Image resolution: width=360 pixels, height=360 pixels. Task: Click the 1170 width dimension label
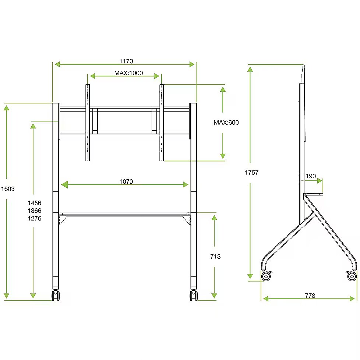point(126,61)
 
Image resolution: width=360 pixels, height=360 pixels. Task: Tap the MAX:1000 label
point(128,73)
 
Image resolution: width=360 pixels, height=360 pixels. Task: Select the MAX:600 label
point(226,122)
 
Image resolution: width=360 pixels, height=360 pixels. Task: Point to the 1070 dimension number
point(126,181)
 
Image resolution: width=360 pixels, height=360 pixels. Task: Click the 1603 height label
point(8,189)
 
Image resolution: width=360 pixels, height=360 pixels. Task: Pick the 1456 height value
point(35,203)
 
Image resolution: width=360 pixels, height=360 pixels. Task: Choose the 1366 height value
point(35,211)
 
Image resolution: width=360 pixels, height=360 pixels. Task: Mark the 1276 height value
point(35,218)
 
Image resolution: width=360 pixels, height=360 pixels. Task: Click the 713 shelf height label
point(215,257)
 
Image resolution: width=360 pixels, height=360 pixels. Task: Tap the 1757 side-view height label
point(252,173)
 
